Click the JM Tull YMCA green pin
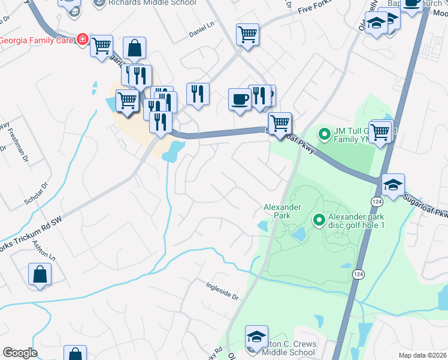pos(324,133)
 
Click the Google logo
pos(20,352)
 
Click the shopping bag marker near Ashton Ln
pos(40,274)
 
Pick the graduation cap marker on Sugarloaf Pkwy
pos(393,185)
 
